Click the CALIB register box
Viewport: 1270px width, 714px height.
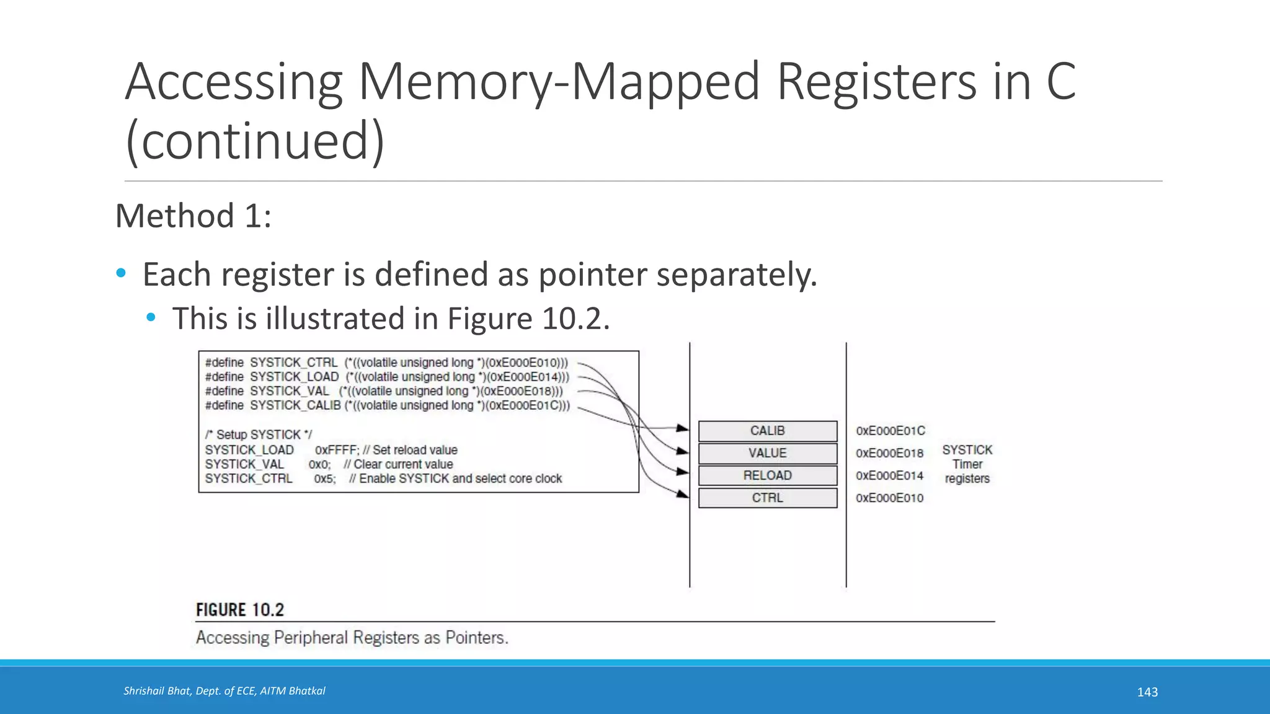tap(767, 431)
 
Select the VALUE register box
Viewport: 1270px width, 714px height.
tap(767, 453)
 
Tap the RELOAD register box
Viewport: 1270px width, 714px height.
tap(767, 475)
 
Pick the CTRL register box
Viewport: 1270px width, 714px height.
tap(767, 498)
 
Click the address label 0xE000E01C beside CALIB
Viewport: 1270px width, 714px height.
tap(890, 431)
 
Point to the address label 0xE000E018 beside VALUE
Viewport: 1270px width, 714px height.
tap(889, 453)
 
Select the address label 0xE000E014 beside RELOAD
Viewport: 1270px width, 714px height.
tap(889, 475)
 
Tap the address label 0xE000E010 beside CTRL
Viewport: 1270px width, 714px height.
tap(889, 498)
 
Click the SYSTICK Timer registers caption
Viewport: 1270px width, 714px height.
tap(967, 464)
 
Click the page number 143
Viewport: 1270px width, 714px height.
tap(1147, 692)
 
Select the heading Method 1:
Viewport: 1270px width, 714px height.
tap(193, 216)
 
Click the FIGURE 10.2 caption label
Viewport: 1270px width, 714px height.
tap(240, 610)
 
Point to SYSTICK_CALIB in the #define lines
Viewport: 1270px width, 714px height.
tap(295, 405)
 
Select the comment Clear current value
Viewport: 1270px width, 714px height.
tap(403, 464)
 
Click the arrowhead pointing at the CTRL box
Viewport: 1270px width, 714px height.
tap(683, 494)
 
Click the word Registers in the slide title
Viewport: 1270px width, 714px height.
tap(877, 82)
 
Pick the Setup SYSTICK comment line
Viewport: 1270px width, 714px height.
tap(259, 434)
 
